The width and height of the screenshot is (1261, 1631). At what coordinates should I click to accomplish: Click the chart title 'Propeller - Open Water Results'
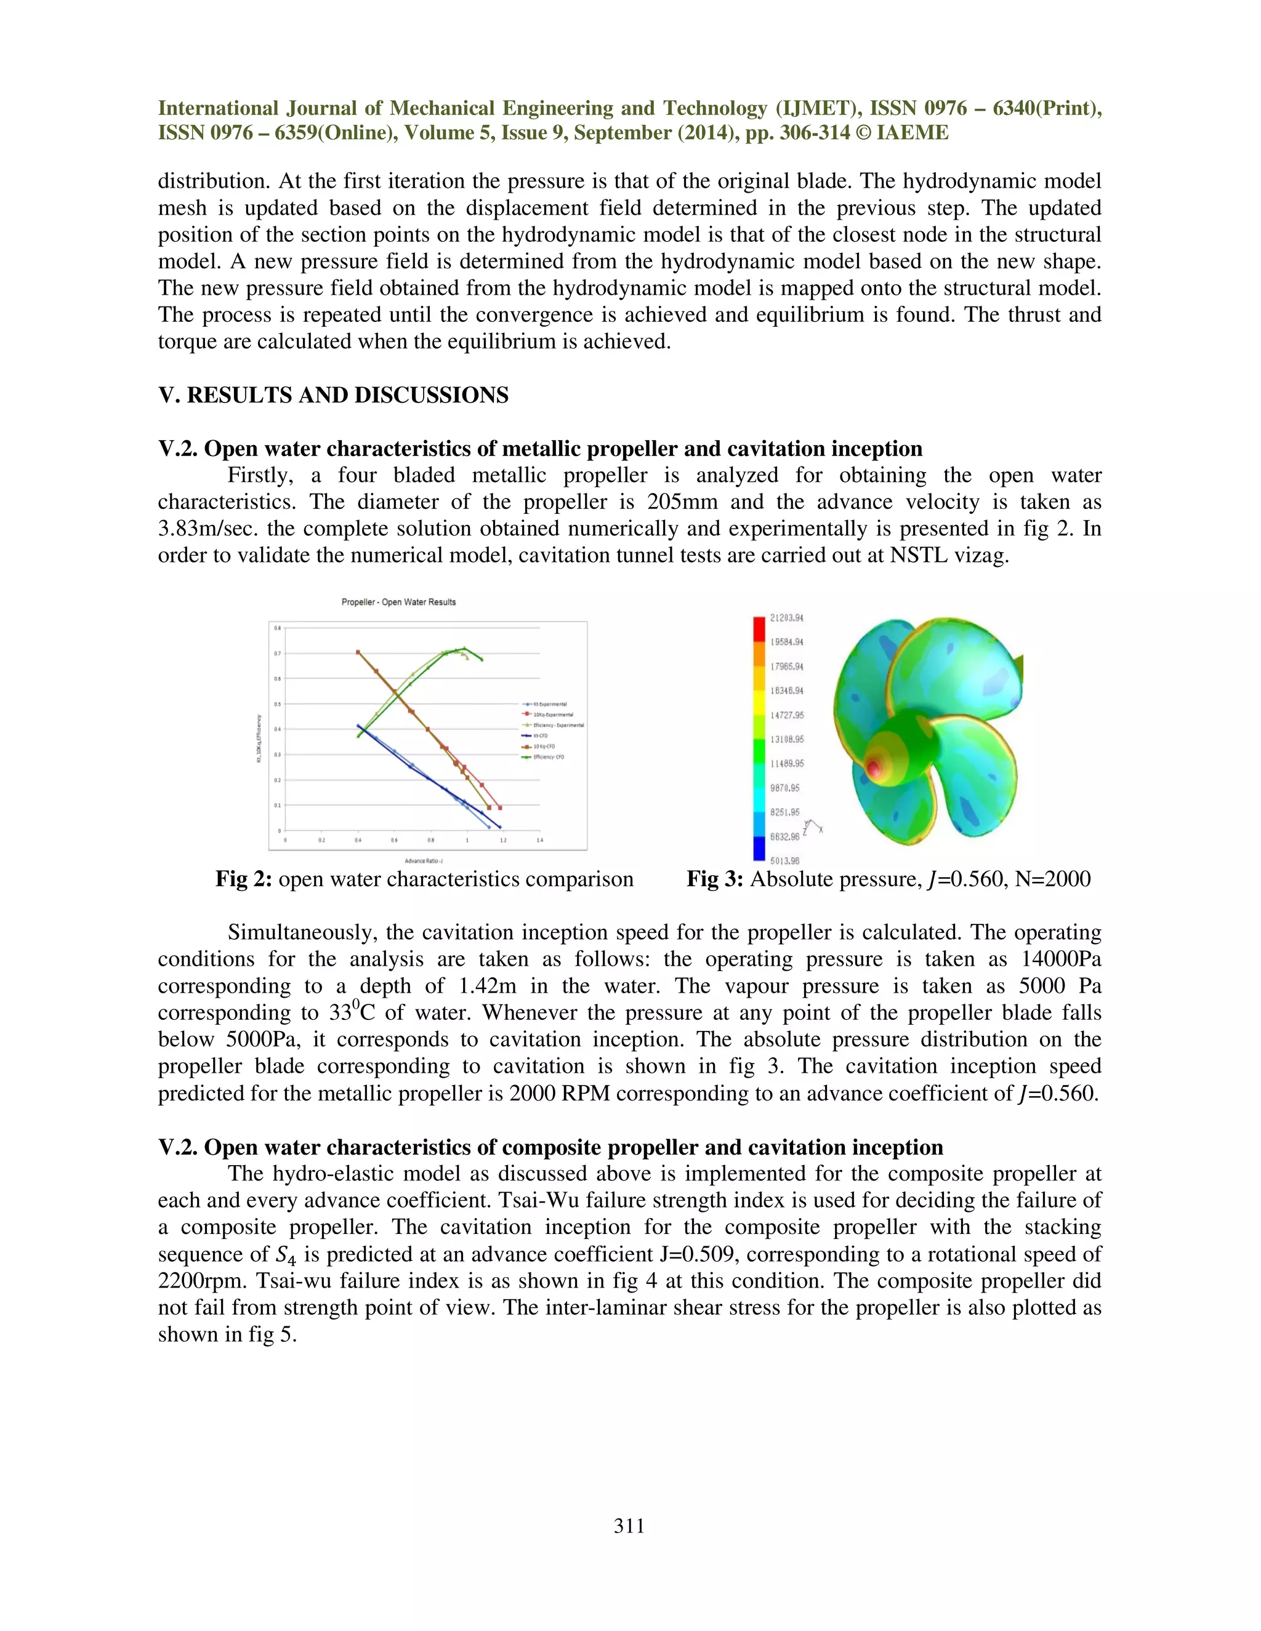[x=398, y=602]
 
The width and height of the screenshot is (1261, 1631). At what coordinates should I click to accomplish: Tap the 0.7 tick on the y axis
[x=277, y=654]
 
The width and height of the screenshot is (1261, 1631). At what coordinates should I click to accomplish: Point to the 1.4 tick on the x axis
[x=539, y=840]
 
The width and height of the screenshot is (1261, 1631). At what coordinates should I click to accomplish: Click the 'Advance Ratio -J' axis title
[x=424, y=860]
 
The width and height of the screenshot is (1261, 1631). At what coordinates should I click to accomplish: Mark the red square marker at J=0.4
[x=358, y=652]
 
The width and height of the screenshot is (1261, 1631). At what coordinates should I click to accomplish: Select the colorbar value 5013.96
[x=784, y=860]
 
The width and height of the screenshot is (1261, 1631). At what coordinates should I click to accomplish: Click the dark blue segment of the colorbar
[x=759, y=848]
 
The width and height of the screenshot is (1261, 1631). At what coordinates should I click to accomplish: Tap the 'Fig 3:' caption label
[x=714, y=879]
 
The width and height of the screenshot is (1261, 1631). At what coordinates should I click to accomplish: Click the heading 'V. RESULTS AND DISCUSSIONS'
[x=333, y=395]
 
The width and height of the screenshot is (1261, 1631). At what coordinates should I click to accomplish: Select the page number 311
[x=629, y=1526]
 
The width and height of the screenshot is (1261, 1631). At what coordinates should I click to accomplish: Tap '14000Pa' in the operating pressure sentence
[x=1061, y=959]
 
